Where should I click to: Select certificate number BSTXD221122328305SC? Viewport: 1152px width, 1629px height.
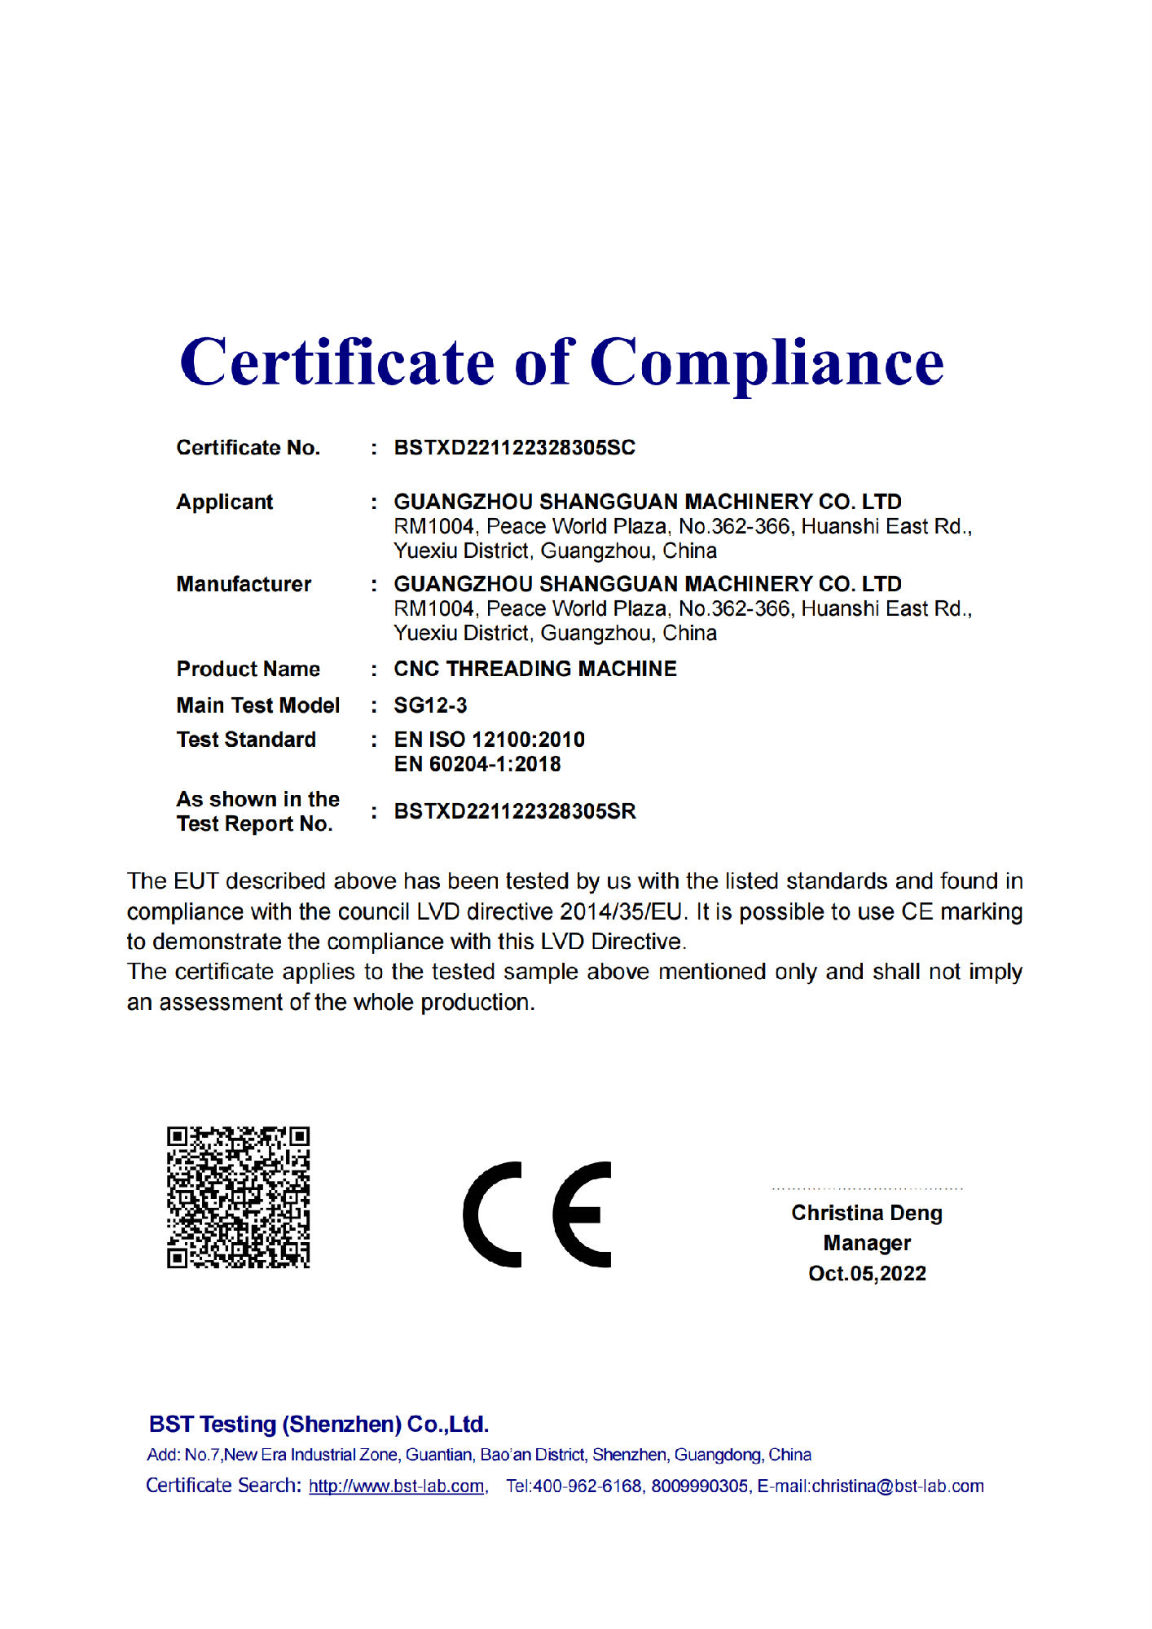514,448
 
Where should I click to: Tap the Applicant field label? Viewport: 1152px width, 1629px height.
224,502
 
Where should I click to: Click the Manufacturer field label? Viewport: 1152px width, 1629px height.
244,584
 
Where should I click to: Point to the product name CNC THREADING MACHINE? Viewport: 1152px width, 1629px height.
534,669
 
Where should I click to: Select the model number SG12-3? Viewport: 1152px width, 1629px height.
430,705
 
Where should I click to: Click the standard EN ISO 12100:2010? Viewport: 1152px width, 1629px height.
489,740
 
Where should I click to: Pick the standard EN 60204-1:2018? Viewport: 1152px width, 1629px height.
477,764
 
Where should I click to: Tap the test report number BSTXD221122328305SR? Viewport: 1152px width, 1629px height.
514,811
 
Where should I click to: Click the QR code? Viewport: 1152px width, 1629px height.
238,1197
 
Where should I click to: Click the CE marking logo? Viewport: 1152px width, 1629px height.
537,1214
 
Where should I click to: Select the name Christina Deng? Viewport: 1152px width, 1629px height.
866,1213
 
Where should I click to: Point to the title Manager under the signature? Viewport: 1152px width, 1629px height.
866,1243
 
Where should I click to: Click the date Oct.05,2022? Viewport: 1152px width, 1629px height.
866,1273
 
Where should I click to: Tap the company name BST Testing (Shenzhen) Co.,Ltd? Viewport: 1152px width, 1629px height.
319,1424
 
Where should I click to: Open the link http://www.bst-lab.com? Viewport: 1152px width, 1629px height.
396,1486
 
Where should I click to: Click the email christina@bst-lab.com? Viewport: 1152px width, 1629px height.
898,1486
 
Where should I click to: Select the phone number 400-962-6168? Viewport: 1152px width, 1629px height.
587,1486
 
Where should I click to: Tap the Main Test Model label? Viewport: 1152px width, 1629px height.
257,705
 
